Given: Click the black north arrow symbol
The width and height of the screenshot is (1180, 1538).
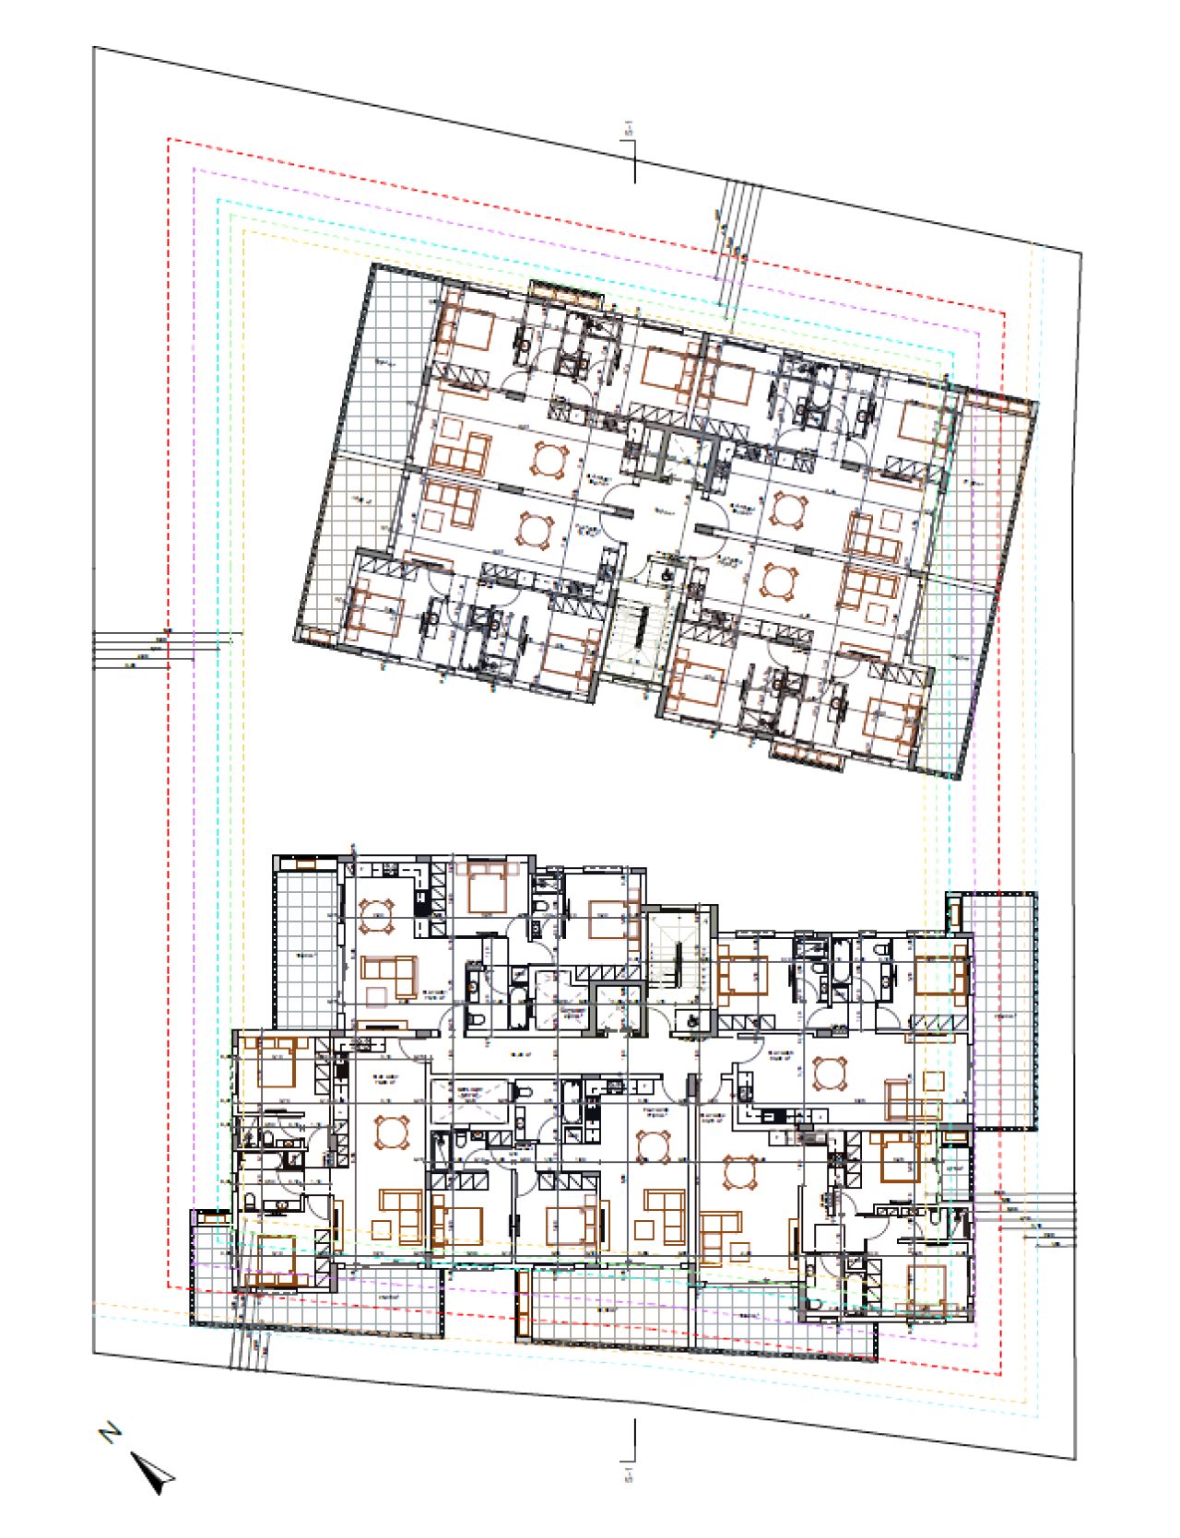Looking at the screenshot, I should coord(153,1472).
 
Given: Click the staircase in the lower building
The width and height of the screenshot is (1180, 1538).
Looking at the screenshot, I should coord(677,950).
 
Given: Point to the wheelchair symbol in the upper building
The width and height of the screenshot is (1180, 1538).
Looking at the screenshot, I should coord(667,572).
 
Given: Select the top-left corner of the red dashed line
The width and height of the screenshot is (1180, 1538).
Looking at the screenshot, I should coord(168,140).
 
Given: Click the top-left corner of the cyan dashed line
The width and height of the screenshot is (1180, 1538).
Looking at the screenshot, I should coord(218,200).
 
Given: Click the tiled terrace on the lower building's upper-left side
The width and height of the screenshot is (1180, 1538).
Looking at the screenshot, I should coord(305,949).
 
